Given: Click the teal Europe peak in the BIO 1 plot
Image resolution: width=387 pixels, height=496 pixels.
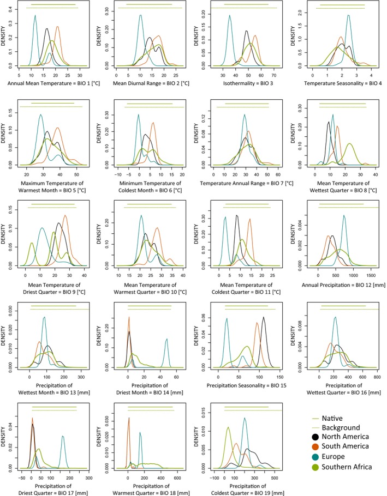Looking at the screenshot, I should (35, 16).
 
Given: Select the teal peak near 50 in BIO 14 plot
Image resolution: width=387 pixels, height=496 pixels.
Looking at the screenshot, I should (165, 339).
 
